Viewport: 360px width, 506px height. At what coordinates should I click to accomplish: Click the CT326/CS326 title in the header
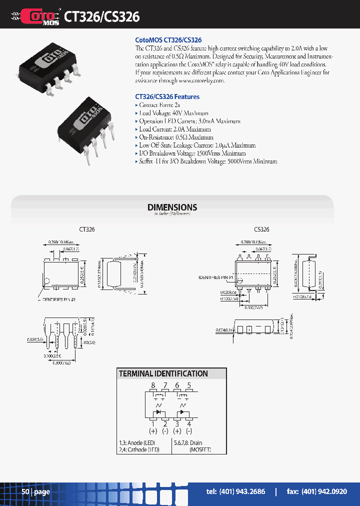coord(102,16)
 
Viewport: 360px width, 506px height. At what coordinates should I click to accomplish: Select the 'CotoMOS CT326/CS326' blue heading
coord(168,40)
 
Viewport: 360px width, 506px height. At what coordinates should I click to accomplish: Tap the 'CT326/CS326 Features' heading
coord(167,96)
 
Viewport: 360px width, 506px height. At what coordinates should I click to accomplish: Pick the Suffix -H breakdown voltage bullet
coord(207,161)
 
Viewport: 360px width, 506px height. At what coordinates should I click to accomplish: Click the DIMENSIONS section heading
coord(172,207)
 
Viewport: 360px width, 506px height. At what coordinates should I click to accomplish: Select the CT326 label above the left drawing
coord(86,229)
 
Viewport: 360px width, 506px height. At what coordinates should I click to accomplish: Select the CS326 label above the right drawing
coord(261,229)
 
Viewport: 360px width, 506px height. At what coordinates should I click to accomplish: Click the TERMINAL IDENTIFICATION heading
coord(163,373)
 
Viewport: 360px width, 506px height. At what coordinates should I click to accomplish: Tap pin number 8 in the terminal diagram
coord(153,385)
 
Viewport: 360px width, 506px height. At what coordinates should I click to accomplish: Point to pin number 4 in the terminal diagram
coord(189,423)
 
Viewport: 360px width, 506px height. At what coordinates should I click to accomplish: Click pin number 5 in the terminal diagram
coord(189,385)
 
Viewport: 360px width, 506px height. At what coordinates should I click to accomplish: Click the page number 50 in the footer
coord(26,492)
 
